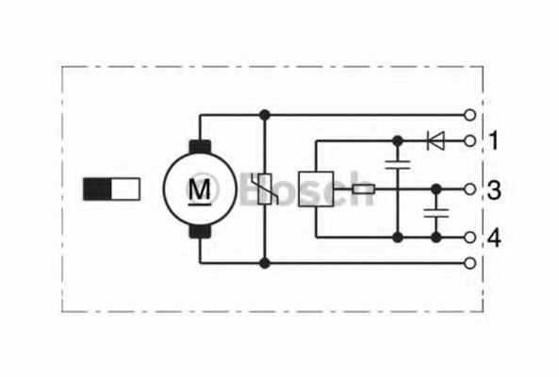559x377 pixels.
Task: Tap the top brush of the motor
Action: tap(200, 147)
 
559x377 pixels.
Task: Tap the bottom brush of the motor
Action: tap(200, 231)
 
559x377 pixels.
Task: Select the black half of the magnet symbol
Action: tap(97, 188)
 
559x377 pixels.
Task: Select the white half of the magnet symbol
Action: tap(125, 188)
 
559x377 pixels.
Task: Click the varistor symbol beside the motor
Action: tap(265, 188)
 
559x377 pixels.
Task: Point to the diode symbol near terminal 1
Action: tap(436, 140)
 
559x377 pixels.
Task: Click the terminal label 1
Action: tap(494, 140)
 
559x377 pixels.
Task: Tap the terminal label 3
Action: tap(494, 190)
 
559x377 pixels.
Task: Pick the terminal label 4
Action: tap(494, 238)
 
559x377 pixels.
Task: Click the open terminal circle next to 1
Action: tap(469, 141)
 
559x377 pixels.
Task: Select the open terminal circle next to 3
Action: tap(469, 189)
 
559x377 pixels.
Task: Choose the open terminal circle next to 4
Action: tap(469, 238)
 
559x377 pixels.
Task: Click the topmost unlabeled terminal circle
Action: tap(469, 115)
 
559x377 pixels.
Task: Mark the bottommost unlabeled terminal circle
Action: tap(469, 263)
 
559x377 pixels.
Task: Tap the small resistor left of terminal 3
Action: tap(363, 189)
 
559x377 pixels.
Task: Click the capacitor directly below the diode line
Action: tap(398, 165)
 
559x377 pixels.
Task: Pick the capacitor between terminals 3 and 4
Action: tap(436, 213)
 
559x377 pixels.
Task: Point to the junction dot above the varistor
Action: tap(265, 115)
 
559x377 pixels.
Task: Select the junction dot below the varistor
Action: tap(265, 263)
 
